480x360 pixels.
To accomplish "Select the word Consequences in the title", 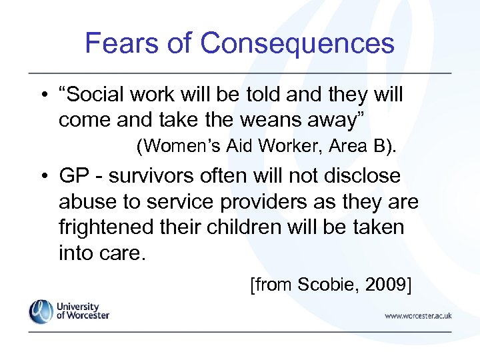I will tap(297, 43).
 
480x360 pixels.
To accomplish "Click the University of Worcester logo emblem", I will tap(41, 311).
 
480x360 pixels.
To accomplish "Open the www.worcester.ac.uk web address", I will tap(418, 315).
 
